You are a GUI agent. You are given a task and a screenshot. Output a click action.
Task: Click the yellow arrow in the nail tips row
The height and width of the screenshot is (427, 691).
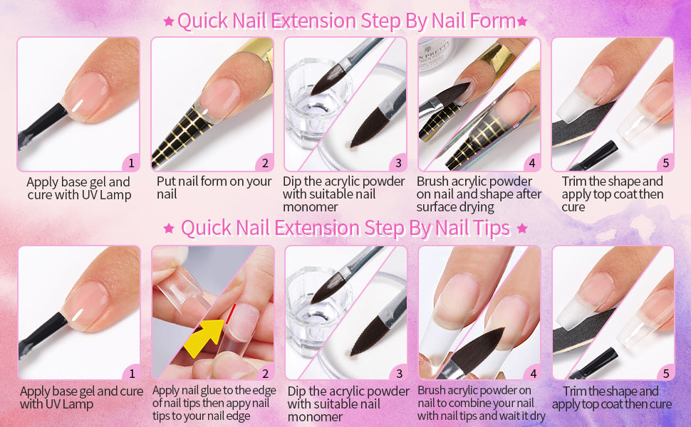tap(204, 337)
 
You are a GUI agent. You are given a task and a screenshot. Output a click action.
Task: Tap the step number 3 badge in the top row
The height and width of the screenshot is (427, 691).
tap(398, 163)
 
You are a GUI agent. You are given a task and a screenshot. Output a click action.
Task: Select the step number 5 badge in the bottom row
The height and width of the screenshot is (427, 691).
tap(666, 374)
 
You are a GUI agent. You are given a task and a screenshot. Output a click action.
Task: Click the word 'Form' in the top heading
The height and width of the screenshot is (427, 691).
tap(493, 21)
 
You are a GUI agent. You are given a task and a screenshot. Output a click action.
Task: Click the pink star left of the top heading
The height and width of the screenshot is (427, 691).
tap(168, 21)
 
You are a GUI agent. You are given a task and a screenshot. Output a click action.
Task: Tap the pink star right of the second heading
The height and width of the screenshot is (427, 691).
tap(522, 228)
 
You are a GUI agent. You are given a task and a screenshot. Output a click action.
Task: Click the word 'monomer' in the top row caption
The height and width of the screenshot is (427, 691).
tap(311, 207)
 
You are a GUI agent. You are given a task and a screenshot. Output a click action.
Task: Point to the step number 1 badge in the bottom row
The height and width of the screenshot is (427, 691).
tap(132, 374)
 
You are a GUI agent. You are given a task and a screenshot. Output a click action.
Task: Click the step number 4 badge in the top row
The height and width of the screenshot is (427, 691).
tap(532, 163)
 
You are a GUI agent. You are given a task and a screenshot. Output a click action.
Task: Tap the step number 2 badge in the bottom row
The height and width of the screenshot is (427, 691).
tap(265, 374)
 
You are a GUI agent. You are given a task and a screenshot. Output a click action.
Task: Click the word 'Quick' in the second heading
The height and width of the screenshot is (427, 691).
tap(206, 228)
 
